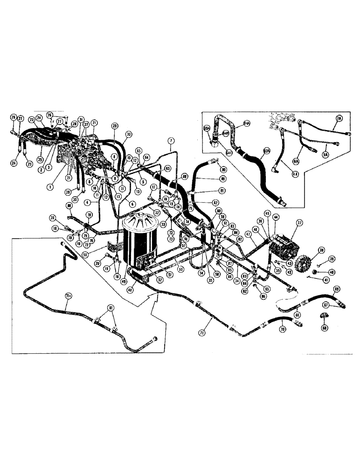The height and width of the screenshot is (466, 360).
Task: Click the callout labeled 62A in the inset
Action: coord(267,151)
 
